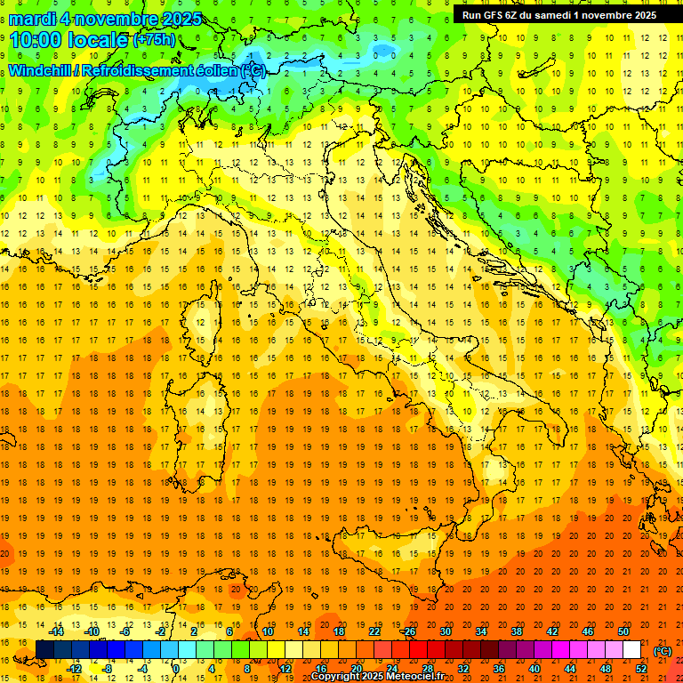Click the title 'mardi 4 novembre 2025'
tap(105, 19)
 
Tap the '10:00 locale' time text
tap(68, 40)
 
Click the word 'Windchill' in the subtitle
tap(42, 70)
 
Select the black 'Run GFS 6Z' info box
tap(559, 14)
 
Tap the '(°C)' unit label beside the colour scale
tap(663, 650)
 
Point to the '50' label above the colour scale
tap(623, 631)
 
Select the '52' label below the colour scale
tap(641, 669)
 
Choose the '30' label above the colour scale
tap(446, 631)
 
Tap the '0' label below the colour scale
tap(176, 669)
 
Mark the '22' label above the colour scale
tap(374, 631)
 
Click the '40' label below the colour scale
tap(534, 669)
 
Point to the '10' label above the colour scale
tap(268, 631)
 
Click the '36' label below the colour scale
tap(499, 669)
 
